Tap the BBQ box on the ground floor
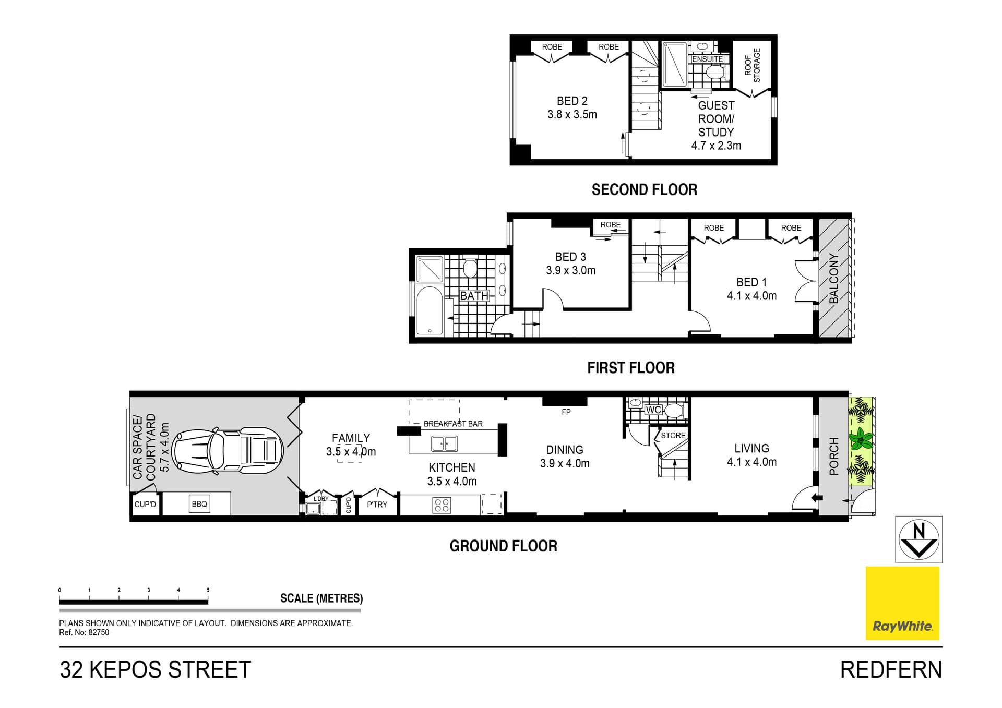pyautogui.click(x=199, y=504)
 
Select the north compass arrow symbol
pyautogui.click(x=918, y=539)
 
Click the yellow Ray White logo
pyautogui.click(x=902, y=603)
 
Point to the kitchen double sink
pyautogui.click(x=444, y=443)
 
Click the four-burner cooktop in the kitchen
pyautogui.click(x=442, y=505)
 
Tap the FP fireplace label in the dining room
pyautogui.click(x=566, y=412)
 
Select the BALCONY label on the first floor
pyautogui.click(x=834, y=278)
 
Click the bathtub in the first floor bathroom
pyautogui.click(x=430, y=310)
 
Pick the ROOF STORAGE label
pyautogui.click(x=753, y=65)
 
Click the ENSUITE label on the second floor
pyautogui.click(x=708, y=59)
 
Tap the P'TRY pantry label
pyautogui.click(x=377, y=505)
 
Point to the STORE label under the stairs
pyautogui.click(x=673, y=435)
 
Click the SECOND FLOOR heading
pyautogui.click(x=644, y=189)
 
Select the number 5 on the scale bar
pyautogui.click(x=208, y=590)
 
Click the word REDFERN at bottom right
pyautogui.click(x=891, y=670)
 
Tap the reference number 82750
pyautogui.click(x=99, y=632)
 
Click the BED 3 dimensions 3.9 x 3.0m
pyautogui.click(x=570, y=270)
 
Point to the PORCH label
pyautogui.click(x=834, y=456)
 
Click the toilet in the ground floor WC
pyautogui.click(x=674, y=411)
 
